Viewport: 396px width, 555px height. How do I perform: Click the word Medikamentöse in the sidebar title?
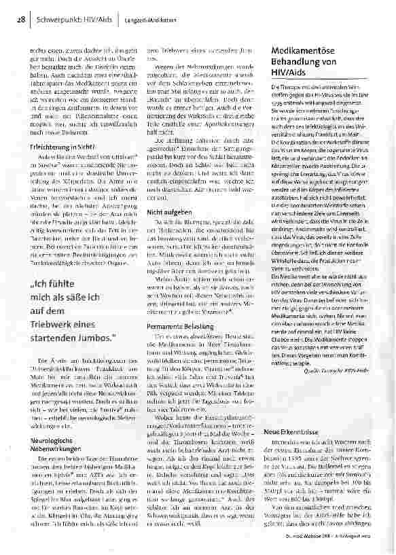point(304,52)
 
